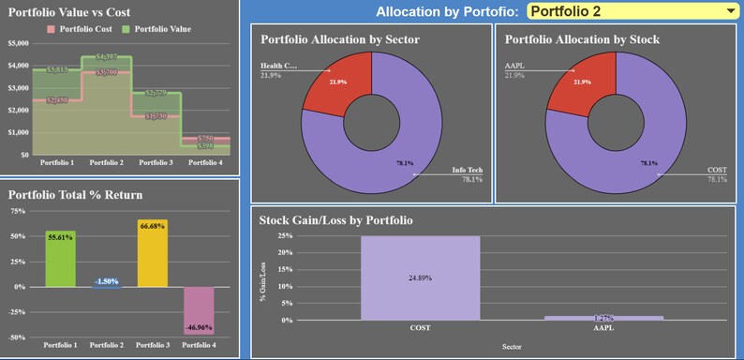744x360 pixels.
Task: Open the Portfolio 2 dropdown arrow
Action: click(730, 11)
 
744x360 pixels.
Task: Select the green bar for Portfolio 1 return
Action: click(60, 259)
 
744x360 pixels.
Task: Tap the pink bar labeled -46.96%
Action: click(198, 310)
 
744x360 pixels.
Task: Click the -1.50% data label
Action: click(106, 281)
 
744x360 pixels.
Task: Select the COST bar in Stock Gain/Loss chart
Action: click(420, 277)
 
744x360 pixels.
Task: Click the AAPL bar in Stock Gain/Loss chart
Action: click(604, 318)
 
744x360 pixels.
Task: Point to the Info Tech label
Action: click(467, 171)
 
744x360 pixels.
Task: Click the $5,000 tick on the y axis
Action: click(19, 44)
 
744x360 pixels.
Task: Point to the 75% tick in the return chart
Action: click(19, 212)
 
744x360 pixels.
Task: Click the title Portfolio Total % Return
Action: click(75, 195)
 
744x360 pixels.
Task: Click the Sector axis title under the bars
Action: click(512, 346)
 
